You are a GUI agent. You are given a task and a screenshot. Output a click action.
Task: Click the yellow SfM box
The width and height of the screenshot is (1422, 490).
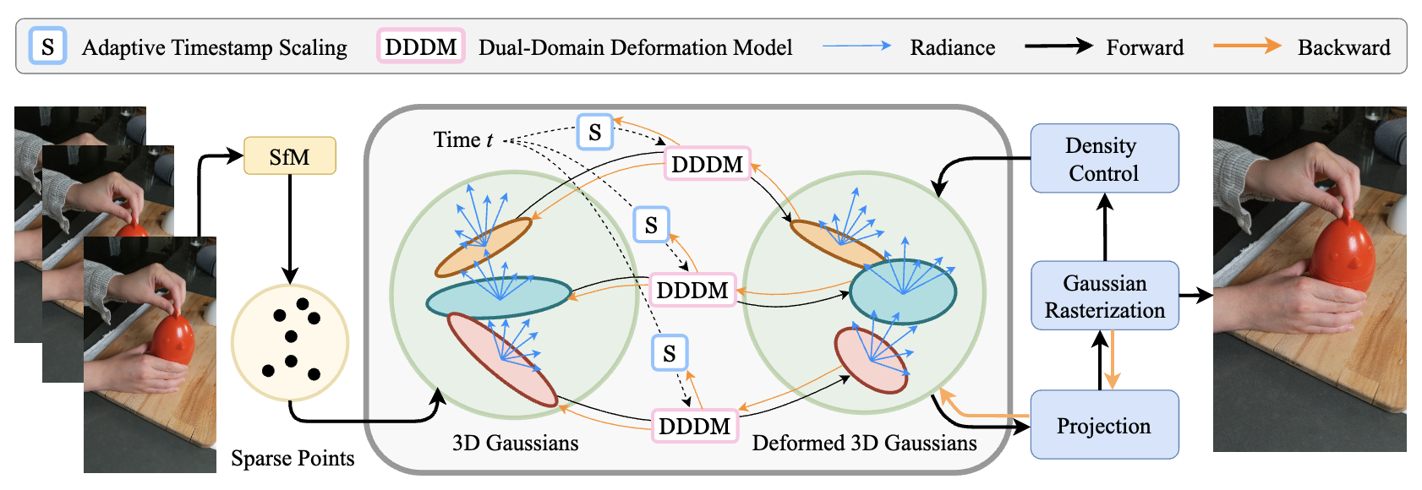[289, 156]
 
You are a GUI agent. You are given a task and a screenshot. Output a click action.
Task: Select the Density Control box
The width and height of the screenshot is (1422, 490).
[1104, 159]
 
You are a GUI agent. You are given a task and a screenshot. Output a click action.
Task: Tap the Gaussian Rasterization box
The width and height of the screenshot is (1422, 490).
[1104, 296]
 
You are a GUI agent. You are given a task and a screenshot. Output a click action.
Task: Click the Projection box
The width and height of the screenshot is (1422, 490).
[1104, 425]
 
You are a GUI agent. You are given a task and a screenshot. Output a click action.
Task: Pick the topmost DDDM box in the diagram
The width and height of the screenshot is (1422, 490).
[707, 164]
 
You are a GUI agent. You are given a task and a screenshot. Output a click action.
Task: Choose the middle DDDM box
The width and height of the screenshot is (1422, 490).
[692, 290]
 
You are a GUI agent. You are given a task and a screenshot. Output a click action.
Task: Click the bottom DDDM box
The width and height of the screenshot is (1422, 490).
[694, 426]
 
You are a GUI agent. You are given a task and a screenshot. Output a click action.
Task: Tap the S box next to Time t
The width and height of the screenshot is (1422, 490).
[595, 132]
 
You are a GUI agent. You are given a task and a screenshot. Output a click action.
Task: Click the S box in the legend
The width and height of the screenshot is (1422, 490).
[47, 46]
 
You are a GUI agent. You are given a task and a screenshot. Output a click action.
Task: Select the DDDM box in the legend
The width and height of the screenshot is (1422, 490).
[420, 46]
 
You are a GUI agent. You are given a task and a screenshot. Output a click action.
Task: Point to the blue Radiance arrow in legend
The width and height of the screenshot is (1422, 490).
[856, 46]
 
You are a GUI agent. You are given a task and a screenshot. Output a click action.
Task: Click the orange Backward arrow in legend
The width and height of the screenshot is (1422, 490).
[1247, 46]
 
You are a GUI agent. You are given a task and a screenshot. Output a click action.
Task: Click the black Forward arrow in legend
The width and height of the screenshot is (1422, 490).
[1058, 46]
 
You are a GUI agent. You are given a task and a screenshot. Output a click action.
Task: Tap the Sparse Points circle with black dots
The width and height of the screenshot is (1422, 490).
[290, 342]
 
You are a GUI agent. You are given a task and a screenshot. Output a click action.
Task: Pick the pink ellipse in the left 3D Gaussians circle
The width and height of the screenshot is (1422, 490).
[500, 359]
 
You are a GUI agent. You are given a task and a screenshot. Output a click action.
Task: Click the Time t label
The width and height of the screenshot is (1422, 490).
[462, 139]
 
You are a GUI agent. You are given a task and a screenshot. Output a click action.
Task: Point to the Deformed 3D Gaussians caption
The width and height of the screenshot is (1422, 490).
[864, 444]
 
